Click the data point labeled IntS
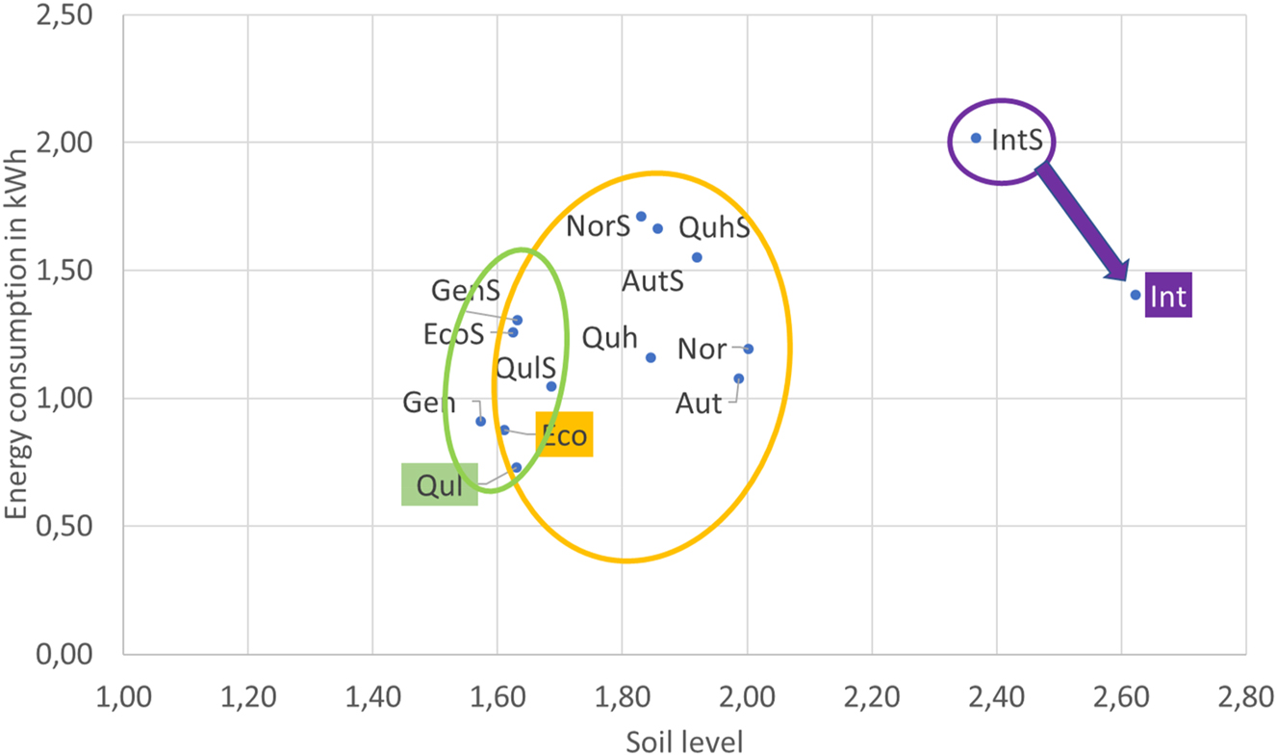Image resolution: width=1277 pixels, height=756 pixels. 976,139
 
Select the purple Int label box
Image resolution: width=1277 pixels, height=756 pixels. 1168,296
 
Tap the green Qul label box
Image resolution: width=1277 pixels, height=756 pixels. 439,485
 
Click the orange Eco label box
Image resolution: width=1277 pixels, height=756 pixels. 563,434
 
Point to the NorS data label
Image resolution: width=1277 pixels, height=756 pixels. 598,226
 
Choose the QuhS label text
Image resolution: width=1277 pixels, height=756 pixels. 714,228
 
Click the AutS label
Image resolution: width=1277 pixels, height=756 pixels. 652,281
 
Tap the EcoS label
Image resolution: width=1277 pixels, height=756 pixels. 453,334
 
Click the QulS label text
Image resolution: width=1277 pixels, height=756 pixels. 524,367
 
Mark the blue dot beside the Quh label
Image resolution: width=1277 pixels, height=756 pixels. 651,357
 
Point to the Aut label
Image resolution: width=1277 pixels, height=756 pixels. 699,403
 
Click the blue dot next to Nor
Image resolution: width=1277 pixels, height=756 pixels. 748,349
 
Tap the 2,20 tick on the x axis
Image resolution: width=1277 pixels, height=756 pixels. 871,696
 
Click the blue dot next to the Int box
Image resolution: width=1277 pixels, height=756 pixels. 1136,295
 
